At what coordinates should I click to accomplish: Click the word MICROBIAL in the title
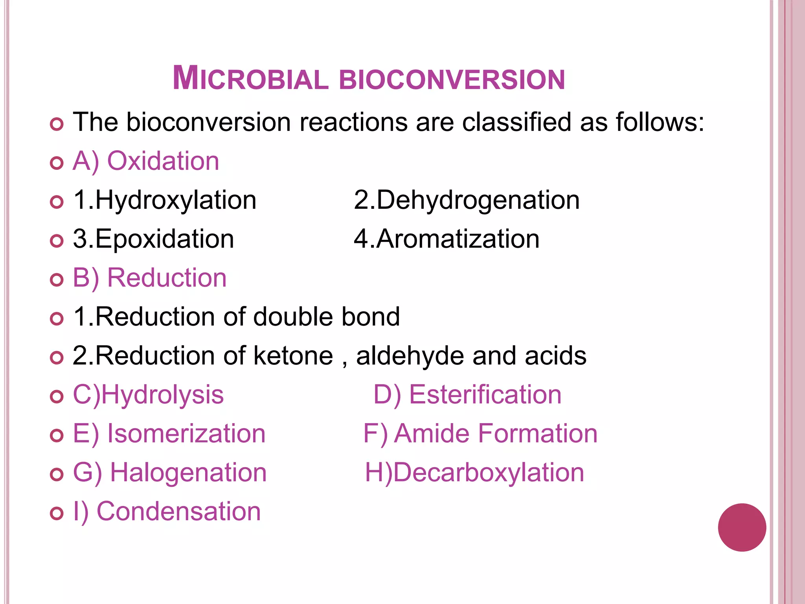coord(250,79)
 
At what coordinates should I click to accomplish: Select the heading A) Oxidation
coord(146,161)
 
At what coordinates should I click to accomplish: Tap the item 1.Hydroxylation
coord(165,200)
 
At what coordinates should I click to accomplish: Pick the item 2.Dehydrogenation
coord(467,200)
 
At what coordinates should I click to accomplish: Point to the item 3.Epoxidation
coord(153,239)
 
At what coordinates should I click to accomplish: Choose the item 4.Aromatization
coord(447,239)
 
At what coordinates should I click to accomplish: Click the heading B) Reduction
coord(150,278)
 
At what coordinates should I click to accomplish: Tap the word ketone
coord(293,356)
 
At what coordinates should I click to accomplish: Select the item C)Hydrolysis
coord(148,395)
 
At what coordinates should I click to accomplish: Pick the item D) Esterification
coord(467,395)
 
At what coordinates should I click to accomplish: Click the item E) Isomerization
coord(169,434)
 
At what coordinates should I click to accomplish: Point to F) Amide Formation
coord(480,434)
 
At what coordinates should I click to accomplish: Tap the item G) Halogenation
coord(170,473)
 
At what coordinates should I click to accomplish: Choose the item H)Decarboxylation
coord(474,473)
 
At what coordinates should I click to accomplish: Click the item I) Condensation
coord(167,512)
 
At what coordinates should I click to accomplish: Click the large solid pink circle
coord(742,527)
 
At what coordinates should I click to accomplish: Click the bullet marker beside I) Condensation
coord(57,513)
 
